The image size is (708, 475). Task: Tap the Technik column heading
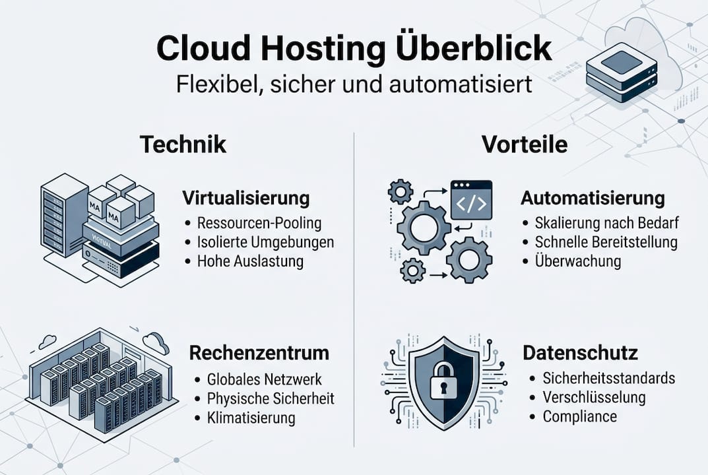point(183,144)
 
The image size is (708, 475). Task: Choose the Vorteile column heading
point(525,144)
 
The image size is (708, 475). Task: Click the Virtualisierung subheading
point(245,198)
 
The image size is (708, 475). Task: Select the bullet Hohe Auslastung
point(250,261)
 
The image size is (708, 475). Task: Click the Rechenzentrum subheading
point(259,353)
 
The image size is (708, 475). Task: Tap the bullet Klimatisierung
point(251,418)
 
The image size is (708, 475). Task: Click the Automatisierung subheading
point(593,198)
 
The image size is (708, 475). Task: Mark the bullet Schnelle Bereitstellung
point(606,241)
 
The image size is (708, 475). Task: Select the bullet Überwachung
point(578,261)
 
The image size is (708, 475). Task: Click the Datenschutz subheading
point(580,353)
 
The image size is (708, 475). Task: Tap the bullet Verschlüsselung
point(594,397)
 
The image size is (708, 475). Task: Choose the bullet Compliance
point(579,416)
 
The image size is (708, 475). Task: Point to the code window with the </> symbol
point(471,200)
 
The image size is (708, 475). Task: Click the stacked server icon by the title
point(622,73)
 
